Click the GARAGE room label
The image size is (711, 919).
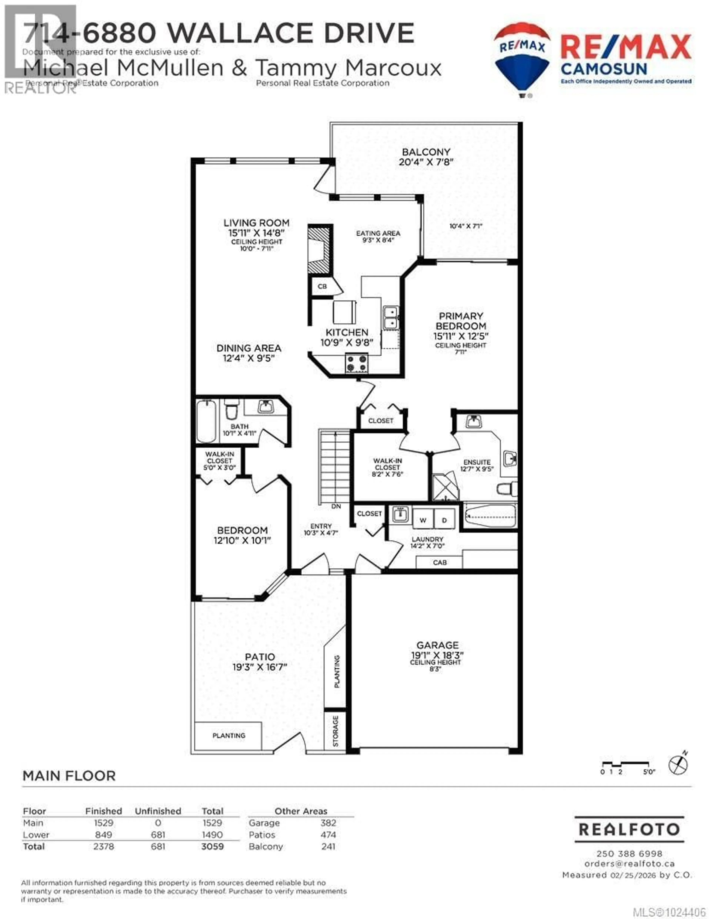pos(437,645)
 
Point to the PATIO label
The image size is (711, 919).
pos(260,657)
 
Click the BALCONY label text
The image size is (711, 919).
pos(426,152)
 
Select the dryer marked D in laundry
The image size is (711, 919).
pos(444,520)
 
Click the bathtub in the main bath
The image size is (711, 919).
pos(206,421)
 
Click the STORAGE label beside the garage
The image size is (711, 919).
pos(335,731)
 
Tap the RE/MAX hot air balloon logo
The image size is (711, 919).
pos(522,59)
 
